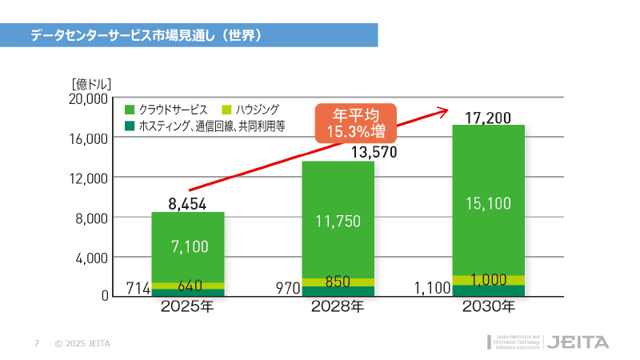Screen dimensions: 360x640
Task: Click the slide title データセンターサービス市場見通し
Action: (x=147, y=35)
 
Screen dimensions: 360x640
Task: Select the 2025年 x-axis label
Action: (x=187, y=306)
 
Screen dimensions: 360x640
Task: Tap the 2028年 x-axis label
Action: (x=338, y=306)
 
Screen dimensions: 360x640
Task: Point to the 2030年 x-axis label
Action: (x=488, y=306)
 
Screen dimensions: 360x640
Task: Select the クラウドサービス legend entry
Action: (x=167, y=110)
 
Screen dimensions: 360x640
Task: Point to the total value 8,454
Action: (x=188, y=204)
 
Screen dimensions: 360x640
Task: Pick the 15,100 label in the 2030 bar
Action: (x=488, y=204)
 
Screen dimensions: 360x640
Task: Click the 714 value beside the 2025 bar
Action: (x=138, y=288)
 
